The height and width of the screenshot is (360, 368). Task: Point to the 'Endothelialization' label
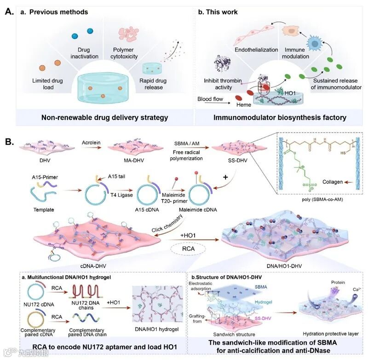coord(256,50)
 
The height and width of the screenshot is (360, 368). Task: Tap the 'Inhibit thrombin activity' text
coord(223,84)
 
